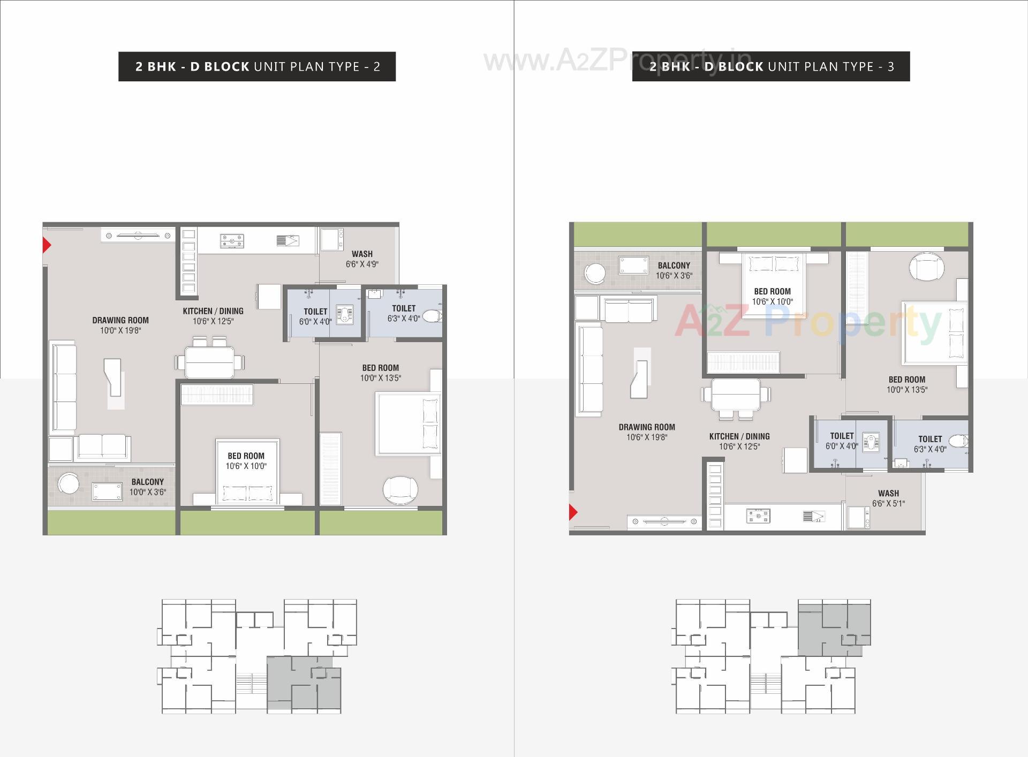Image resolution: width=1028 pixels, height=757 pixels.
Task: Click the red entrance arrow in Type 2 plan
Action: (47, 246)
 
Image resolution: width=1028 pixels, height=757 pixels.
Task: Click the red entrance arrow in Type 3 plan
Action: (573, 512)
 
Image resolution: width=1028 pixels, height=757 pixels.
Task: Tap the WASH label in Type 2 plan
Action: (362, 254)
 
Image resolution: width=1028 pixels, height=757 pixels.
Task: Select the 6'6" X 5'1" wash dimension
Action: (888, 504)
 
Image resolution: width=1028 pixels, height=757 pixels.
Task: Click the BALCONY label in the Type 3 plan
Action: (674, 266)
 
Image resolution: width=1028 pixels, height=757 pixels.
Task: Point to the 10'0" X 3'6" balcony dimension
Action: (147, 492)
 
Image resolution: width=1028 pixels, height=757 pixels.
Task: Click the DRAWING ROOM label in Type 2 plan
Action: (120, 320)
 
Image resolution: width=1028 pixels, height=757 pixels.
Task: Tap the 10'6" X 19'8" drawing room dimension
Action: (647, 437)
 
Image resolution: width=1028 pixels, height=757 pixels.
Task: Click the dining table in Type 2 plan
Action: (210, 362)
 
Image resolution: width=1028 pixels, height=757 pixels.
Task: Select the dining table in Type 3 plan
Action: (736, 395)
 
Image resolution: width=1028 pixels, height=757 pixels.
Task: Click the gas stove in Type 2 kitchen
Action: (232, 241)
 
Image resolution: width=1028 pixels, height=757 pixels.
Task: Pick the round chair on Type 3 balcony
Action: (595, 273)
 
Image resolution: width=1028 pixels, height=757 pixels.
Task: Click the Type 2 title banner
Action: (257, 66)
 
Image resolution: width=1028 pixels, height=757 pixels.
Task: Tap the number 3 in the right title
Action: (891, 67)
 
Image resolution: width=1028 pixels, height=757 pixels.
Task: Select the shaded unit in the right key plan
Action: (834, 627)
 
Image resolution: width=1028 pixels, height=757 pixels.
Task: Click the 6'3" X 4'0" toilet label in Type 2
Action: (404, 319)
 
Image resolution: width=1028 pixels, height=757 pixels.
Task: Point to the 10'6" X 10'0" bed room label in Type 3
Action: (772, 301)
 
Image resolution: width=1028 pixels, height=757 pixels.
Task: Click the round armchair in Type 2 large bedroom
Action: (400, 489)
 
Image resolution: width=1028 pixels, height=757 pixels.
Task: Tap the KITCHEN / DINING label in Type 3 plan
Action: (739, 436)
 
